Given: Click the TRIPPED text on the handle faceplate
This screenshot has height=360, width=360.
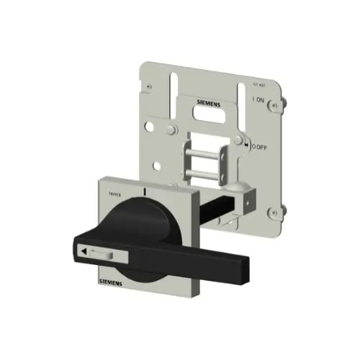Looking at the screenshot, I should (x=115, y=194).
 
